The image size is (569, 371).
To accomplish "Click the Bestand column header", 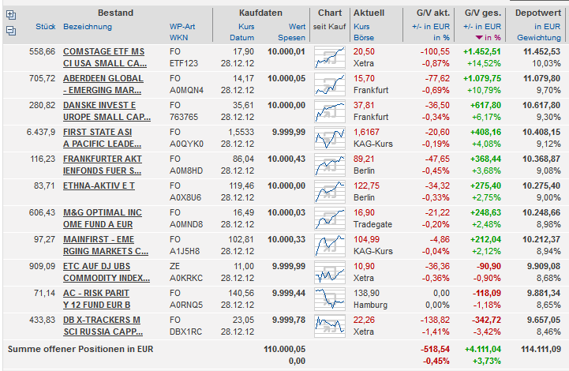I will (x=116, y=13).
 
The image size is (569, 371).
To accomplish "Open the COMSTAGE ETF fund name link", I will (x=105, y=51).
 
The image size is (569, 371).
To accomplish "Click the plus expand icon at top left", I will (x=10, y=14).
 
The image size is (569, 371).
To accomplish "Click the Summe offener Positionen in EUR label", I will (x=80, y=348).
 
